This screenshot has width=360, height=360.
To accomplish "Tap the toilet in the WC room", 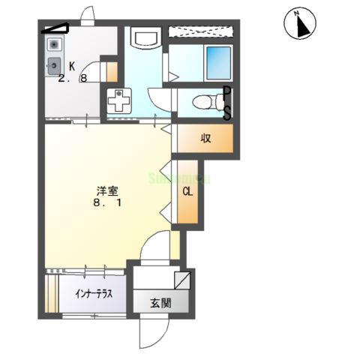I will click(202, 102).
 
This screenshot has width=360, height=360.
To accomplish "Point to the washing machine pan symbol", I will click(119, 100).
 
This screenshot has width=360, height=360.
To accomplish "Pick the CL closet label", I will click(187, 191).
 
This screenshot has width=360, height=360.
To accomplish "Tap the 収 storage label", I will click(205, 138).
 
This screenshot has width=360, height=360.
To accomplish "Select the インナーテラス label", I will click(94, 294).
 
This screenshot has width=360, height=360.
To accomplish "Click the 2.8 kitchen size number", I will click(76, 78).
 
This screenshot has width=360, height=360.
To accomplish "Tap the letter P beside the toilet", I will click(226, 93).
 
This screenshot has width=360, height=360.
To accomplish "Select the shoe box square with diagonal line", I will click(181, 281).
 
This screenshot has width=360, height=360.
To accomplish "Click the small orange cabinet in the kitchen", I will click(112, 72).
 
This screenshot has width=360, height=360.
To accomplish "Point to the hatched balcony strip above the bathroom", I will click(204, 31).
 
